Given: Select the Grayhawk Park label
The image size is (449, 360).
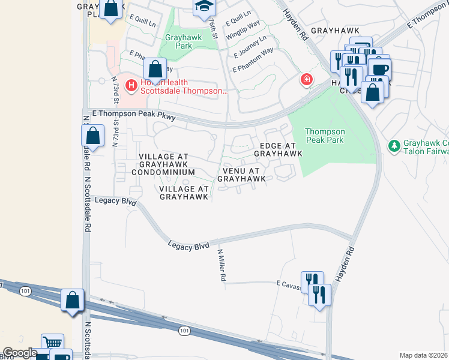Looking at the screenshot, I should click(x=184, y=41).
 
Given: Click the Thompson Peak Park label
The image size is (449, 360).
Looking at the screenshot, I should click(x=325, y=136).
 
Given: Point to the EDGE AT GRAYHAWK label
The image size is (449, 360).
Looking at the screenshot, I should click(x=277, y=150).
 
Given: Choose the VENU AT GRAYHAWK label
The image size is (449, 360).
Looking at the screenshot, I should click(x=241, y=175).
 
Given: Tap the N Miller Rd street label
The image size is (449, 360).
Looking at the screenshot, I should click(x=221, y=266).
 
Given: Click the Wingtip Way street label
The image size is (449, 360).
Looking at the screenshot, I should click(x=243, y=32).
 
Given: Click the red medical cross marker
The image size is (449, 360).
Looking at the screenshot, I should click(x=306, y=79).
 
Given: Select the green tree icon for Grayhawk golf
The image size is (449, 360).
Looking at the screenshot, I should click(x=394, y=146).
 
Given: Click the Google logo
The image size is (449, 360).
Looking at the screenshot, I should click(x=20, y=353).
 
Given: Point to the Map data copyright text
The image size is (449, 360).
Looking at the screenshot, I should click(x=424, y=355).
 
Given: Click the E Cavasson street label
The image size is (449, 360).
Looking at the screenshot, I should click(x=288, y=283).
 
